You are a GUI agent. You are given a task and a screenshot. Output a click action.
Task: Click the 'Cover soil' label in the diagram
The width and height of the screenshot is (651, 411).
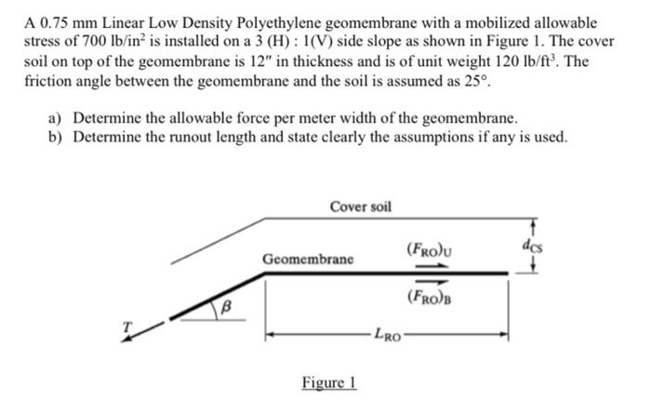click(x=361, y=205)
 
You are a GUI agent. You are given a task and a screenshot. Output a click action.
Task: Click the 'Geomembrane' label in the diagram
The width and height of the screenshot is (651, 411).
click(x=307, y=258)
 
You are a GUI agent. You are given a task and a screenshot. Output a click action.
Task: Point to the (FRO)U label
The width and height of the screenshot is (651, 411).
click(x=429, y=248)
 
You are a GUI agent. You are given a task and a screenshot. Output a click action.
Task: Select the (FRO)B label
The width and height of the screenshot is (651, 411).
click(x=429, y=297)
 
